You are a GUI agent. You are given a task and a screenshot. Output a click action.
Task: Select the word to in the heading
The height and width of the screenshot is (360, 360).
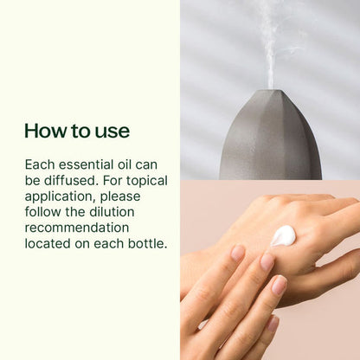[x=80, y=131]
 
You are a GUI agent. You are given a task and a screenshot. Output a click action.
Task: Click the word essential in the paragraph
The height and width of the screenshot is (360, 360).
[x=87, y=164]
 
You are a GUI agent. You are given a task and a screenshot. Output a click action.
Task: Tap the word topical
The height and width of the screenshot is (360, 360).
[x=142, y=180]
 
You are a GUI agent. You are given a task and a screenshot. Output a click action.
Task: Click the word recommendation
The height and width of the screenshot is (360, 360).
[x=77, y=228]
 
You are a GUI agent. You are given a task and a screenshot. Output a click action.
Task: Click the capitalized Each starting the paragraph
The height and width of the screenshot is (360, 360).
[x=40, y=164]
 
